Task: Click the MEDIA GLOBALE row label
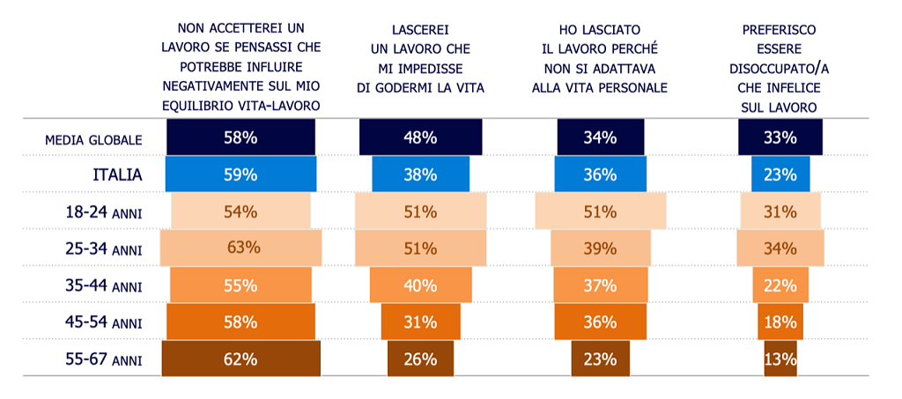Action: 93,139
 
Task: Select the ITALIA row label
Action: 117,174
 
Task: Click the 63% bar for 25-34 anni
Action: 241,248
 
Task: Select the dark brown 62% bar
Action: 241,358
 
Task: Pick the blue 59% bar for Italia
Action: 241,174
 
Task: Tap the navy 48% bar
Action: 420,137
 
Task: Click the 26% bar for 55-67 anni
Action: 420,358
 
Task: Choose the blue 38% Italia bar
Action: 420,174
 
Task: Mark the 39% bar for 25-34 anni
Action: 600,248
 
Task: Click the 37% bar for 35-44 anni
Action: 600,285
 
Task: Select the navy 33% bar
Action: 780,137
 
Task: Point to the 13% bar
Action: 780,358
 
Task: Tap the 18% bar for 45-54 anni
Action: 780,322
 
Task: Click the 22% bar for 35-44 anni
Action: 780,285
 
